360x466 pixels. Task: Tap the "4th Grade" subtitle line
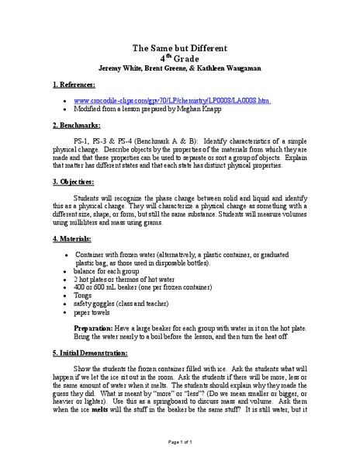coord(179,57)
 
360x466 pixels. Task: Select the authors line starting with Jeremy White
coord(179,68)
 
